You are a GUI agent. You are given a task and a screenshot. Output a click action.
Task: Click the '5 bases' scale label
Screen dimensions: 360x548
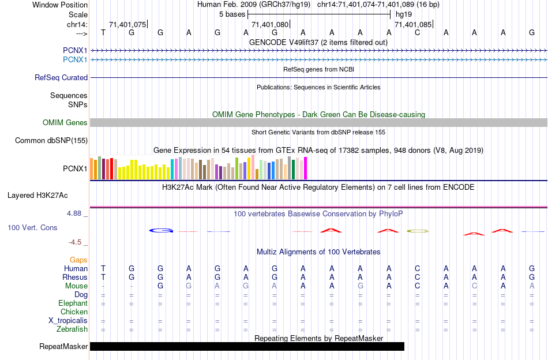pyautogui.click(x=232, y=14)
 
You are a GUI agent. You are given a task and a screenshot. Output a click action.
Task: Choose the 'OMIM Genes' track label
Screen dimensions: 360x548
pyautogui.click(x=65, y=122)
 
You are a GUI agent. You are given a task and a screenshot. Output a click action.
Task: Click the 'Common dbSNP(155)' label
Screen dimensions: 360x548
pyautogui.click(x=51, y=140)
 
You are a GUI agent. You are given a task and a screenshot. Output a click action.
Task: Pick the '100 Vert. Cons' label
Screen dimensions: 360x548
pyautogui.click(x=32, y=228)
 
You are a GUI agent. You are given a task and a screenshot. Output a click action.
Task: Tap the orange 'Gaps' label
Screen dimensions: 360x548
pyautogui.click(x=78, y=260)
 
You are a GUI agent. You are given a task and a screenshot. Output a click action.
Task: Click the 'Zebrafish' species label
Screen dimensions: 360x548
pyautogui.click(x=72, y=329)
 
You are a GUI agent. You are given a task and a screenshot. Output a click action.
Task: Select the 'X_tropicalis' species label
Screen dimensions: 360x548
pyautogui.click(x=68, y=321)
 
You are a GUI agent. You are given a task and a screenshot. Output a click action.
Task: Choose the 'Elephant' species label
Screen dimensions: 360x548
pyautogui.click(x=73, y=303)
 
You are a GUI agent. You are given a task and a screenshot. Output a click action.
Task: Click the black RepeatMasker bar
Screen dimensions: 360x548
pyautogui.click(x=247, y=346)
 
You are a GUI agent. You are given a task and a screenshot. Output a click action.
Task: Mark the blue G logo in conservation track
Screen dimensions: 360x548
pyautogui.click(x=161, y=230)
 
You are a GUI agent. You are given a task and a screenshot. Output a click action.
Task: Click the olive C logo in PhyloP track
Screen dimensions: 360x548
pyautogui.click(x=418, y=231)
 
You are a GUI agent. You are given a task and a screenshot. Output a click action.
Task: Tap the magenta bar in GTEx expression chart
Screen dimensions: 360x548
pyautogui.click(x=305, y=168)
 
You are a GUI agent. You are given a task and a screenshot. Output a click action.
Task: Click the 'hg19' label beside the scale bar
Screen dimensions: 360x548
pyautogui.click(x=403, y=14)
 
